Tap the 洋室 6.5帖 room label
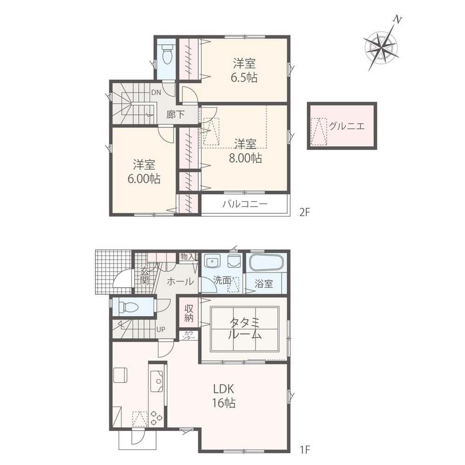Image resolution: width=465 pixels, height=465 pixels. pyautogui.click(x=245, y=70)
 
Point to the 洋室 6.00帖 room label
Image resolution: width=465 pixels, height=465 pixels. pyautogui.click(x=144, y=171)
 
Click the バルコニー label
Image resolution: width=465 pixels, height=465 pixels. pyautogui.click(x=244, y=204)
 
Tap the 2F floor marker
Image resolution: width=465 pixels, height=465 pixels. pyautogui.click(x=304, y=212)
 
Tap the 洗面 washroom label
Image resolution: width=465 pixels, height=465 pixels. pyautogui.click(x=222, y=280)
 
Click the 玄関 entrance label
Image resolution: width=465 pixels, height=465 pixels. pyautogui.click(x=144, y=276)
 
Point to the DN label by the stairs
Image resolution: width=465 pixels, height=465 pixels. pyautogui.click(x=155, y=92)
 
